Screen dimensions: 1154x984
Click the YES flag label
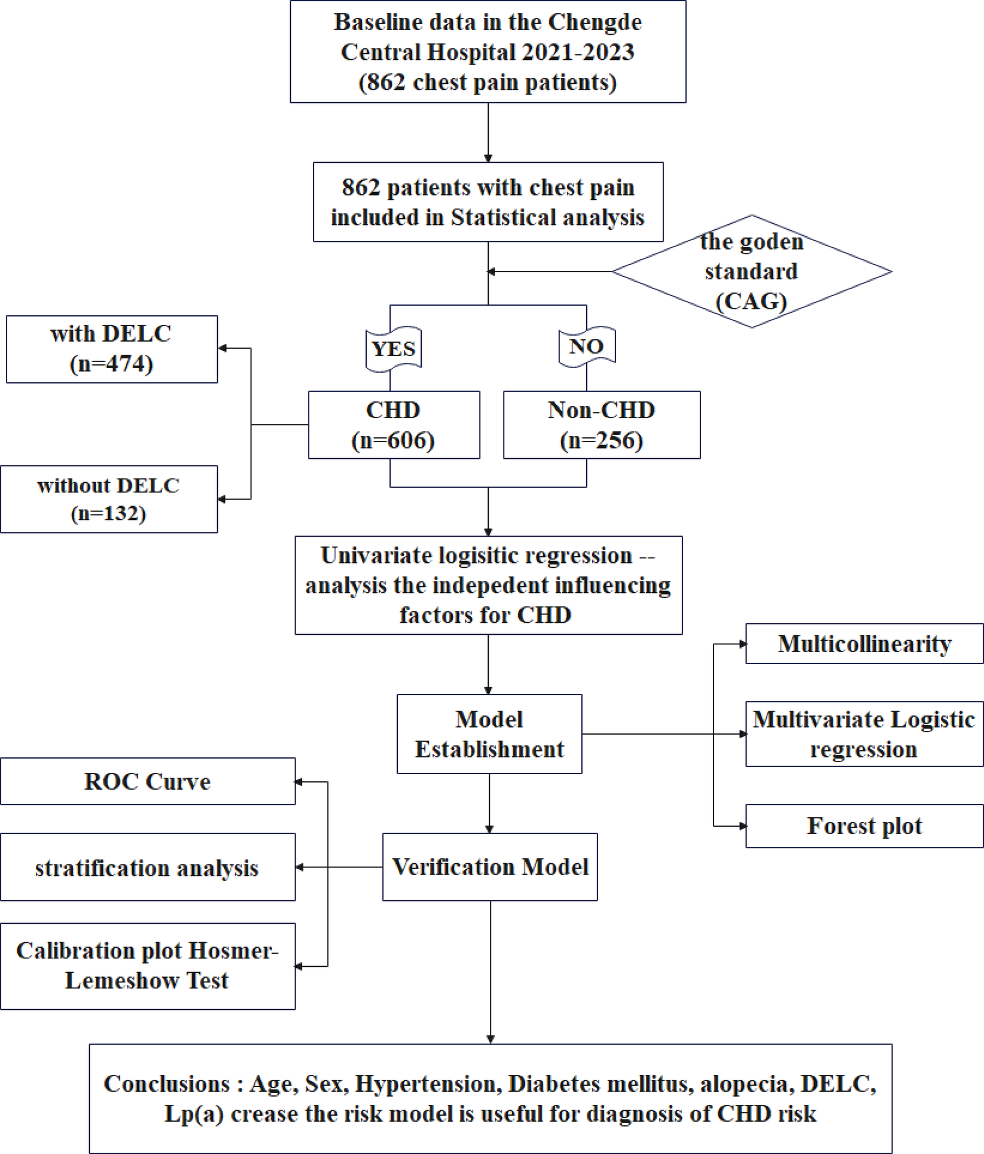[394, 349]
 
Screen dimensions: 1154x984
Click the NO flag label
[586, 346]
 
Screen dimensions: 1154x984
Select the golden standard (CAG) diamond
[751, 272]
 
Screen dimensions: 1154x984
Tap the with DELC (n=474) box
[112, 349]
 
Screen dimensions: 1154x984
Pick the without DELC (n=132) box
[109, 499]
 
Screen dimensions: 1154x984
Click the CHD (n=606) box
[394, 425]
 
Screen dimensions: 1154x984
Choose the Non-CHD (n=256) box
[601, 425]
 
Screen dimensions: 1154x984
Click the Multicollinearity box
[864, 644]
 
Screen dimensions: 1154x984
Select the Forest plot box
[864, 826]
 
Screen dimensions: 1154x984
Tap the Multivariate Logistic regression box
[864, 734]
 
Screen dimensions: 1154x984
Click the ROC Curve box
[148, 781]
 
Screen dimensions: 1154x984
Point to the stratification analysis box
[148, 867]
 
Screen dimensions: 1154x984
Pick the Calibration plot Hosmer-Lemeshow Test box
[148, 966]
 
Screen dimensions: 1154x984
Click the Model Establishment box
[489, 734]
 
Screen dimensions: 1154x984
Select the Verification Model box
[490, 867]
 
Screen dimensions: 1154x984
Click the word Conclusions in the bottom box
[166, 1083]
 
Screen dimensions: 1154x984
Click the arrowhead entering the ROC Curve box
[298, 782]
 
